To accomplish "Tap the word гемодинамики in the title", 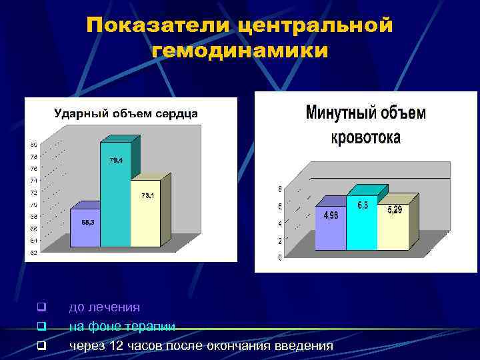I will [x=240, y=51].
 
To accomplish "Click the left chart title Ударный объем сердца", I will [x=126, y=113].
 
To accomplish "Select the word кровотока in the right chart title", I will [x=366, y=138].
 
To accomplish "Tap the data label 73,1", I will [x=148, y=195].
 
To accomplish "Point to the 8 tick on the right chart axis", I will [x=280, y=188].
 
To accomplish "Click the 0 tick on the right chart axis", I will [x=280, y=258].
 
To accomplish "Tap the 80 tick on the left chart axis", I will [x=33, y=145].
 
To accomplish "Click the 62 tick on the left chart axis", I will [x=33, y=252].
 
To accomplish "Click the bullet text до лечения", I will [x=105, y=307].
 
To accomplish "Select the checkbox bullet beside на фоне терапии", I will [x=41, y=327].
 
